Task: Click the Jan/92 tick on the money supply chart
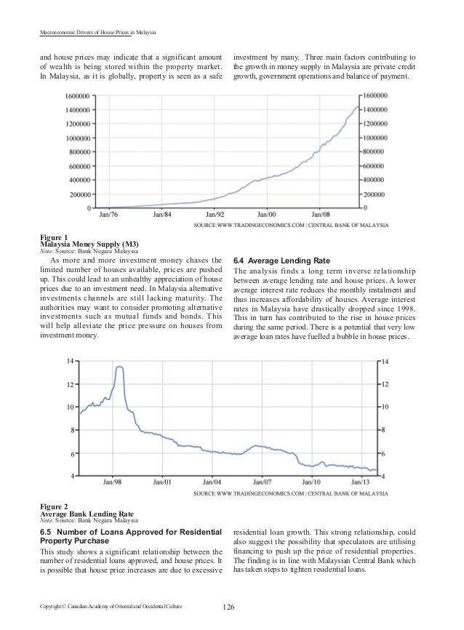click(215, 215)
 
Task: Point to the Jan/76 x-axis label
click(109, 215)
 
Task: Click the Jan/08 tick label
click(321, 215)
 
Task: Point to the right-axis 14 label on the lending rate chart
click(385, 361)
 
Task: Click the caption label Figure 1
click(55, 237)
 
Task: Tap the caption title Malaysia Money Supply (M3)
click(89, 244)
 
